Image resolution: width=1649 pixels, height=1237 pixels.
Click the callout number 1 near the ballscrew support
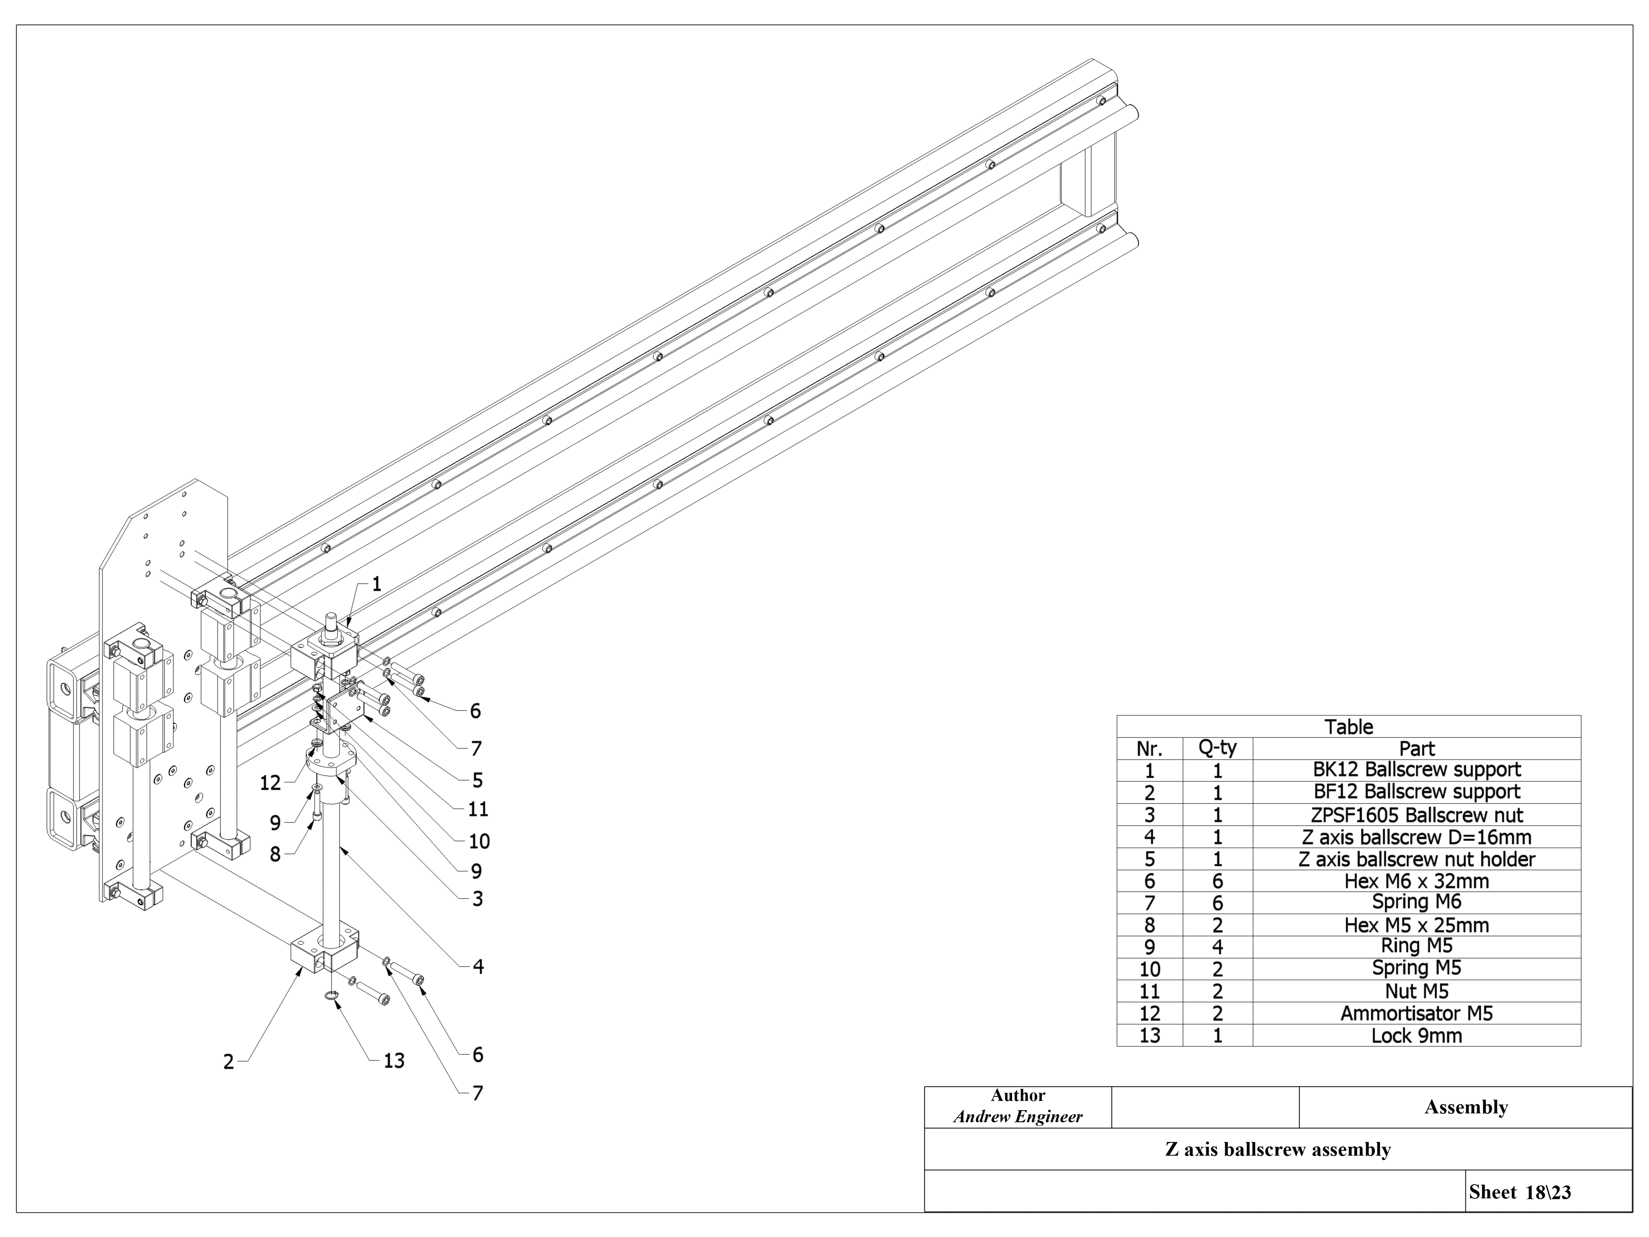tap(376, 584)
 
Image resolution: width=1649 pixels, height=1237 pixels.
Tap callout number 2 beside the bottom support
tap(229, 1062)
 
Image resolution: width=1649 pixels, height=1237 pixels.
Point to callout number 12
tap(270, 783)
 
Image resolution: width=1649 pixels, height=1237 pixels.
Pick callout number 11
tap(478, 809)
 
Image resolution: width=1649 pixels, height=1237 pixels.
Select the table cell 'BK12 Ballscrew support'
tap(1416, 770)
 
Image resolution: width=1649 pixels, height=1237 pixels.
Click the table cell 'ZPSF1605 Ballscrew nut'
tap(1416, 815)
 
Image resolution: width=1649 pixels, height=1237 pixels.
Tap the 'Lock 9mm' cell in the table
tap(1416, 1036)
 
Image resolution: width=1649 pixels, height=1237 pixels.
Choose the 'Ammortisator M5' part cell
tap(1416, 1013)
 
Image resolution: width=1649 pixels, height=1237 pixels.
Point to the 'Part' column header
tap(1416, 749)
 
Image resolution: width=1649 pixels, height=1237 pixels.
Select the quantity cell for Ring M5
tap(1217, 947)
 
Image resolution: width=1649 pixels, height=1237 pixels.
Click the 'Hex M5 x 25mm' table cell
tap(1416, 925)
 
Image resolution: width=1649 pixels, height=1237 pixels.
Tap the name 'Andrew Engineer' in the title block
tap(1018, 1117)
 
